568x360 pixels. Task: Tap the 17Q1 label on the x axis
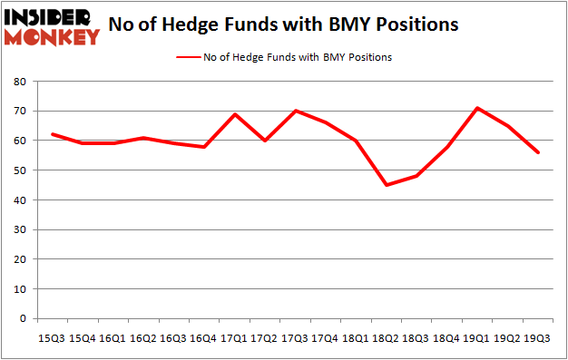[234, 338]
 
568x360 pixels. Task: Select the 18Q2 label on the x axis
[385, 338]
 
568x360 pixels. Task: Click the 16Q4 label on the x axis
[204, 338]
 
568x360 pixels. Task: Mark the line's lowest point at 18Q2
[385, 185]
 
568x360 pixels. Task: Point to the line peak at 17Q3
[295, 111]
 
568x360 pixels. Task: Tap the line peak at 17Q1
[234, 114]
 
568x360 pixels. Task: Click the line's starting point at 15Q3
[54, 134]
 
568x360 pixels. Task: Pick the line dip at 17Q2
[264, 141]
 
